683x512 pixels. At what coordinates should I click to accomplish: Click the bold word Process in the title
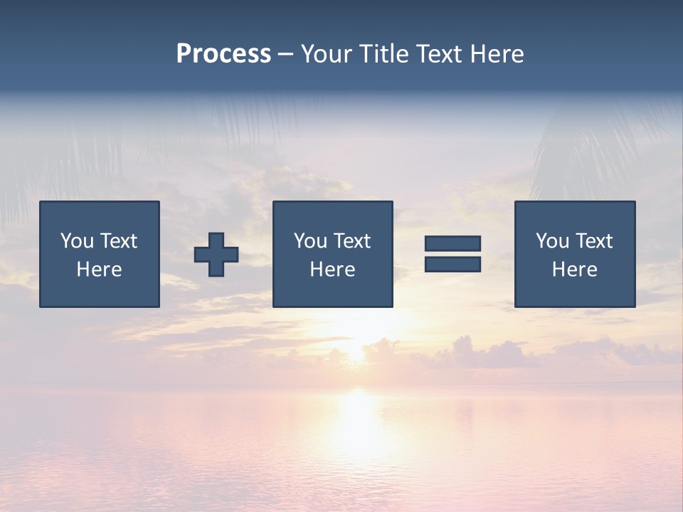click(x=223, y=53)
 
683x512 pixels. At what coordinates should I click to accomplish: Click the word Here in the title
click(x=498, y=54)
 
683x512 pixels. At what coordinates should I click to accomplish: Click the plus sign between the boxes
click(x=216, y=255)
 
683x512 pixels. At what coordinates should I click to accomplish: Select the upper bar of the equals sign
click(x=452, y=244)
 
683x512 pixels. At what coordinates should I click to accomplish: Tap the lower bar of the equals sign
click(x=452, y=265)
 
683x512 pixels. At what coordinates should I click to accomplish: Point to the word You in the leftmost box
click(x=76, y=241)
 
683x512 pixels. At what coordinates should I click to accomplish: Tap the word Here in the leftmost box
click(x=99, y=270)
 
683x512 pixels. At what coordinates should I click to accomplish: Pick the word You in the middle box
click(x=309, y=241)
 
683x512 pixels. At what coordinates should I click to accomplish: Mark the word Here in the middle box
click(x=332, y=270)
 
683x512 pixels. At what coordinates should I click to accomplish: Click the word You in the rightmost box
click(x=551, y=241)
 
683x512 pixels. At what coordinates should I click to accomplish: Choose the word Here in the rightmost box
click(x=574, y=270)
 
